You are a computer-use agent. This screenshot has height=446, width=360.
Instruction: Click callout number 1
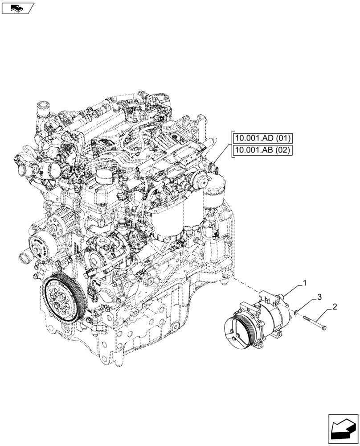point(305,282)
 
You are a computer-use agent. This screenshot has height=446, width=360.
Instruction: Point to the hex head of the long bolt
point(324,328)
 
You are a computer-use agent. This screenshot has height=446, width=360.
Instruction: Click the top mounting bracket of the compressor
point(270,294)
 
